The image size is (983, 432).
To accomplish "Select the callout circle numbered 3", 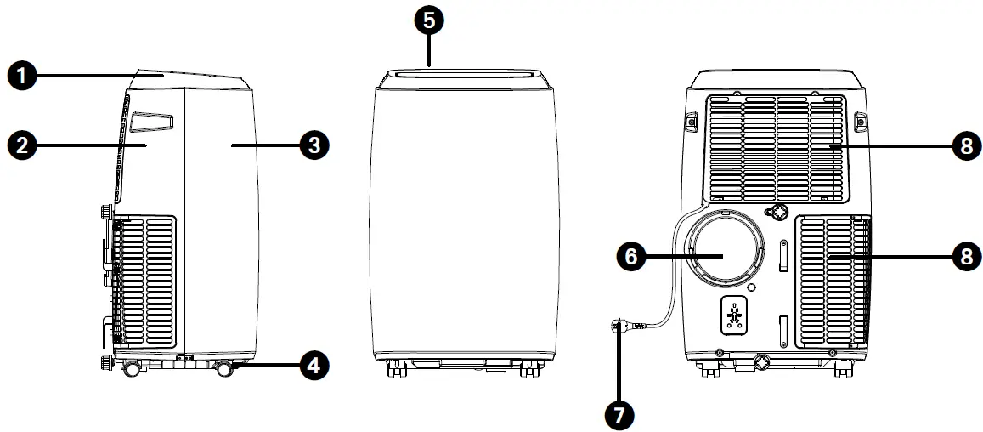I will click(314, 145).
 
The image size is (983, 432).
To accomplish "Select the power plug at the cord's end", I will click(622, 324).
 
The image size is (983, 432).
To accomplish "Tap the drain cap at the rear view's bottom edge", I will click(763, 362).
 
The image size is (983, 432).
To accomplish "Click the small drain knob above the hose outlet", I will click(777, 210).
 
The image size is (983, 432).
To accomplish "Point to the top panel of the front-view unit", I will click(463, 77).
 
